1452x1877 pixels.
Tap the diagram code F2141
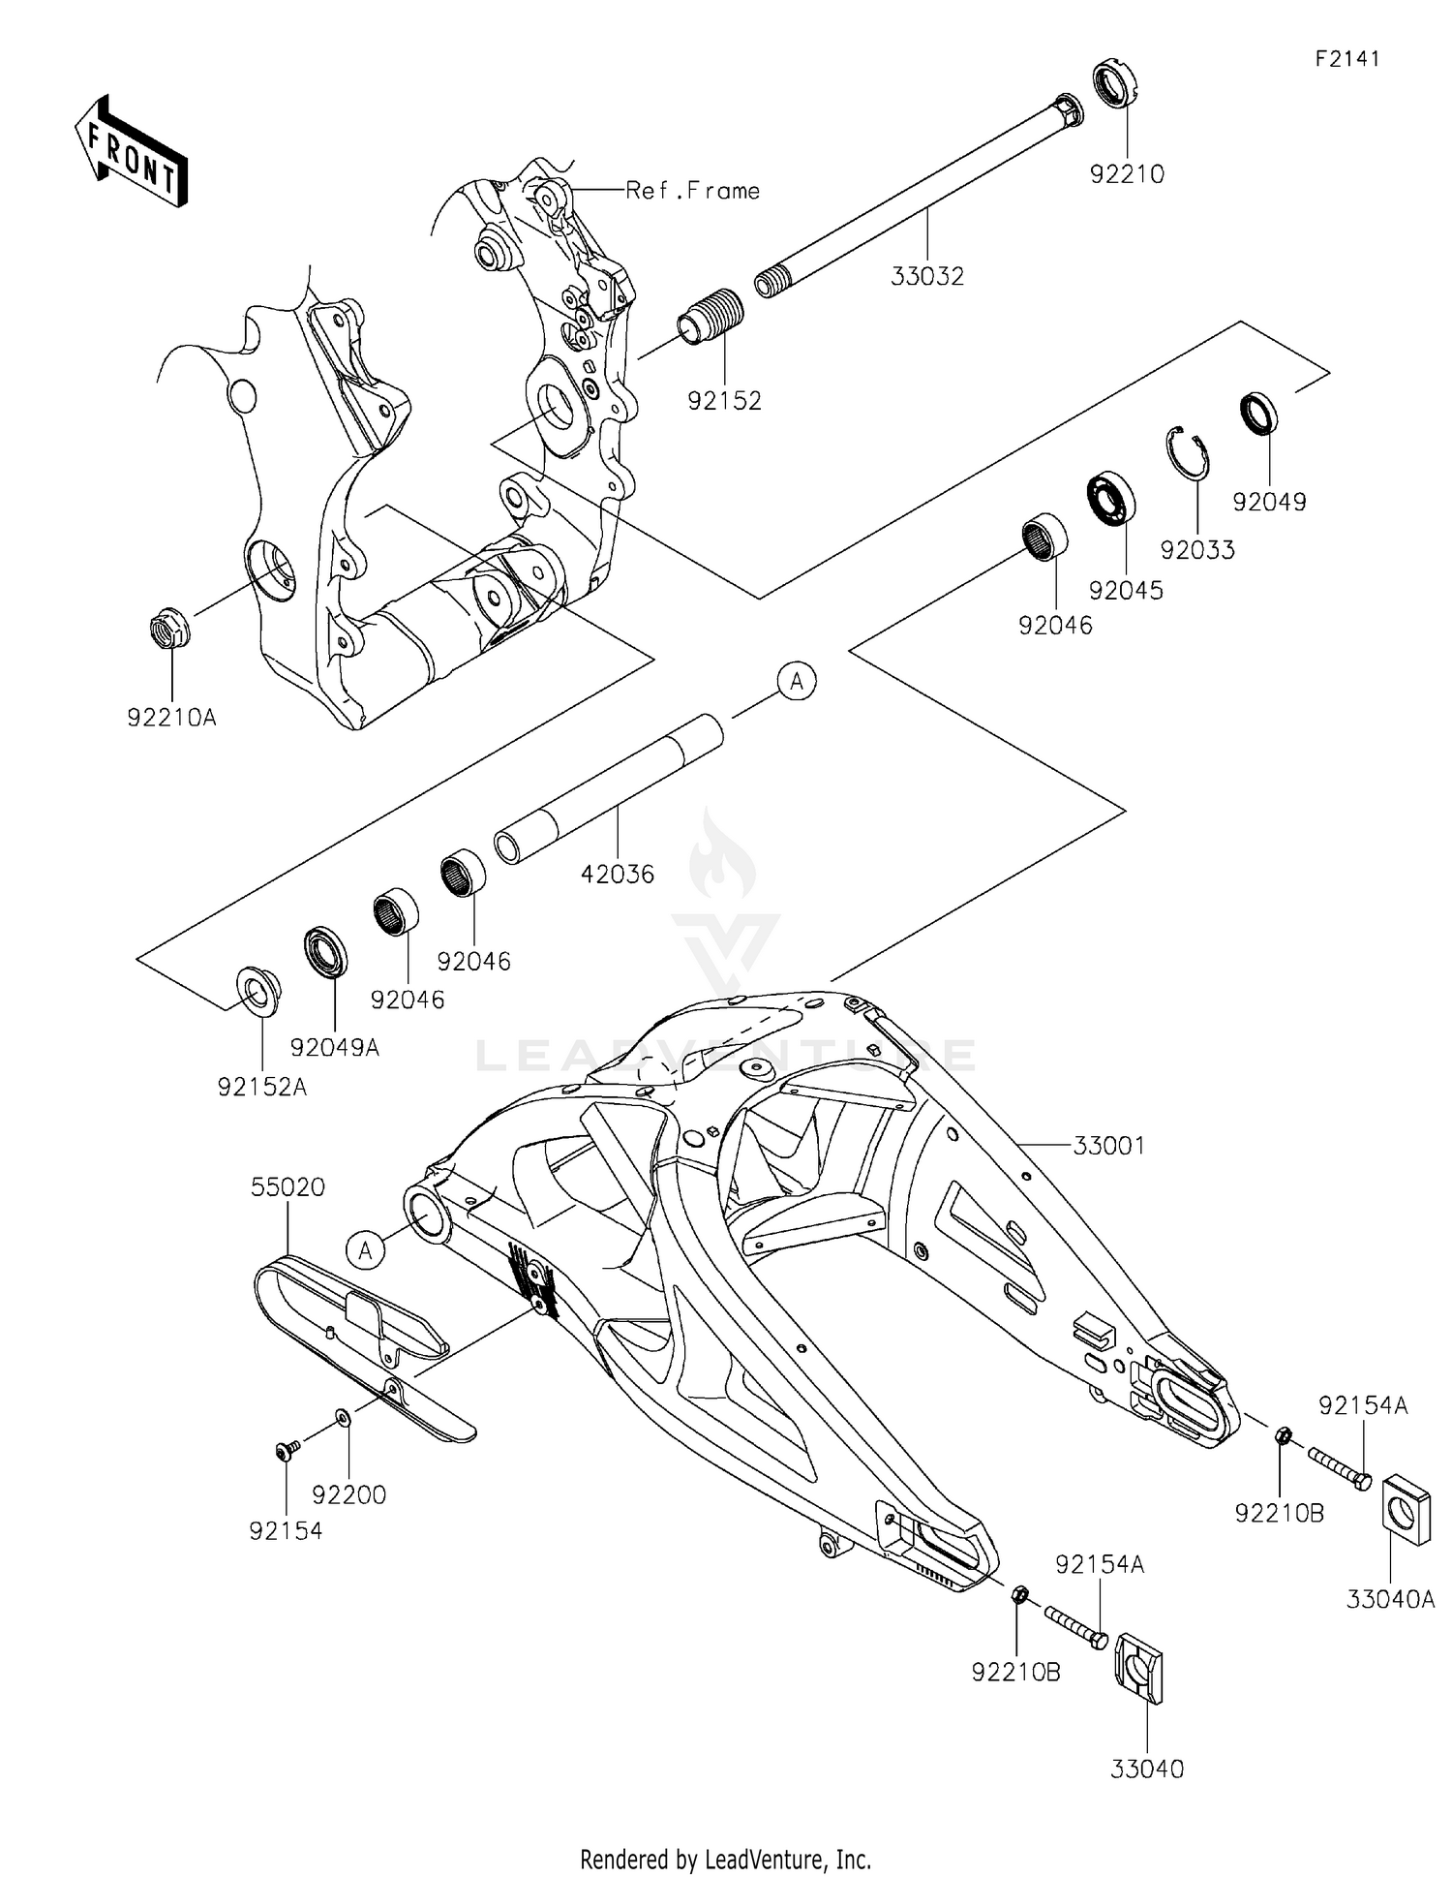point(1347,59)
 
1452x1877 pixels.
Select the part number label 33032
point(927,277)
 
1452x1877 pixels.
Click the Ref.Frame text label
point(692,191)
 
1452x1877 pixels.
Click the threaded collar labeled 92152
point(712,317)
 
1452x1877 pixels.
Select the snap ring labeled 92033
point(1188,452)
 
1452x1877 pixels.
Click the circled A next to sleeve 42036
point(797,682)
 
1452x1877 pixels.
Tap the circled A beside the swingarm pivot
point(366,1250)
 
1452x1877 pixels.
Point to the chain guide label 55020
point(287,1187)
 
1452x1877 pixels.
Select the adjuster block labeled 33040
point(1140,1667)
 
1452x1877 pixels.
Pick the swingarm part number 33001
point(1108,1146)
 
